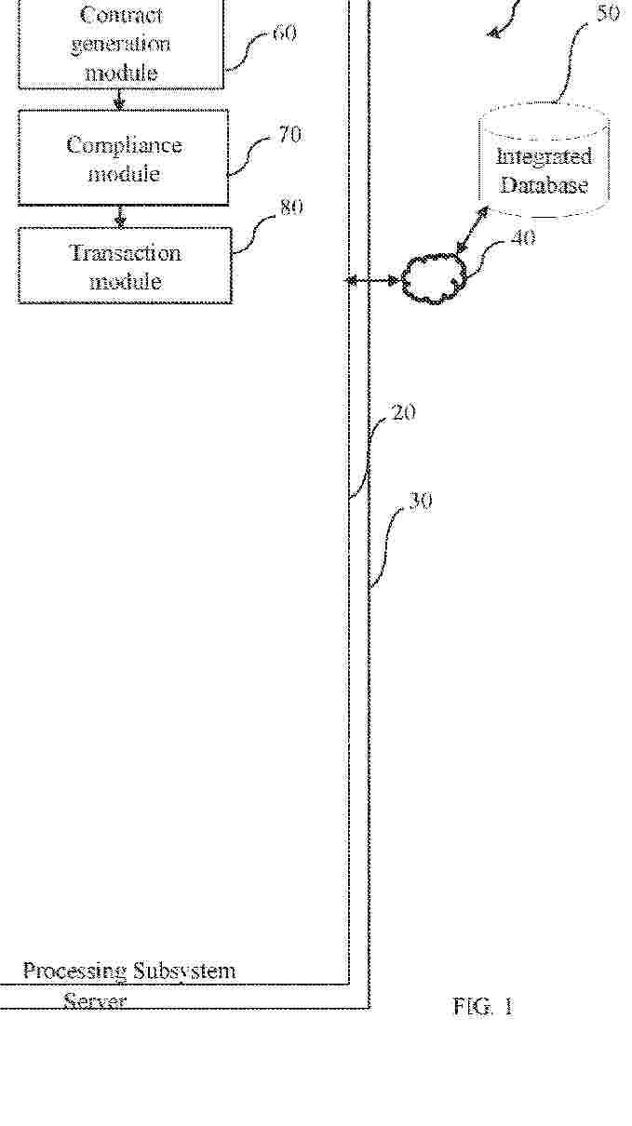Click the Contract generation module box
[121, 45]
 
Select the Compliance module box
[123, 157]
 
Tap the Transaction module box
[125, 265]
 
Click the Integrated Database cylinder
[545, 161]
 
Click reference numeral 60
[285, 34]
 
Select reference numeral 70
[289, 135]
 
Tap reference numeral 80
[291, 208]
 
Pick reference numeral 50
[608, 13]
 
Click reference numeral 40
[523, 238]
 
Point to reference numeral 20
[404, 412]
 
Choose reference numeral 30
[420, 502]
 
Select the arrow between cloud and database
[473, 229]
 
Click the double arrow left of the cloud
[372, 280]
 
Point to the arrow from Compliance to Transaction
[120, 216]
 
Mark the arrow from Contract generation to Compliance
[119, 100]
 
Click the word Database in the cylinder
[544, 184]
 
